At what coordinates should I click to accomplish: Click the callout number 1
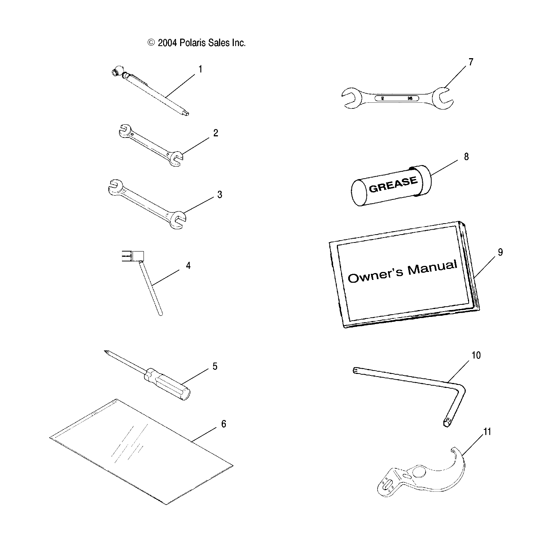(x=200, y=69)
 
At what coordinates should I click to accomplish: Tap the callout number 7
(x=471, y=62)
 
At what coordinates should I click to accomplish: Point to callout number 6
(x=224, y=424)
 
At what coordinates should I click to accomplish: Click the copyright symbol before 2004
(x=151, y=43)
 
